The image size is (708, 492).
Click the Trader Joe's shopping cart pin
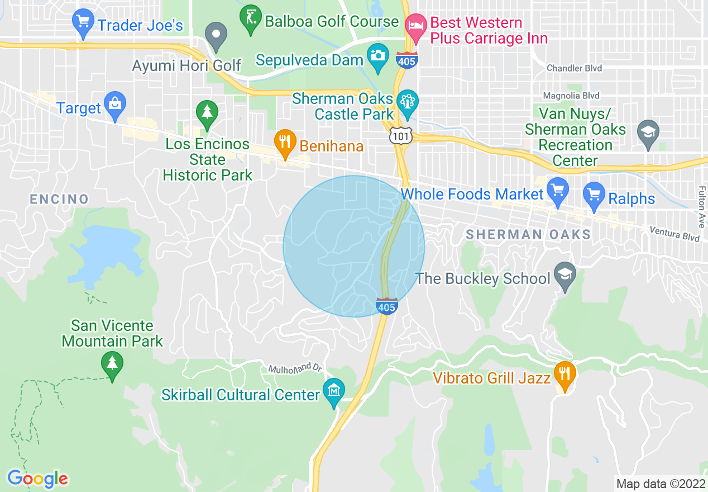coord(83,23)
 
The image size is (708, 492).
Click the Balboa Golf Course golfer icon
coord(249,17)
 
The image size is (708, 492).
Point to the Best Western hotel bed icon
coord(415,26)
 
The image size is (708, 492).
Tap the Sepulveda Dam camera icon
coord(378,56)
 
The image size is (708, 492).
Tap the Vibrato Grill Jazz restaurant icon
coord(565,374)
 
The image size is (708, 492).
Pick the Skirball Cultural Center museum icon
coord(334,390)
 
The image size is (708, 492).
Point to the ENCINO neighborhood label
coord(59,199)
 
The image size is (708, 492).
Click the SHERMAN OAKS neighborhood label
coord(528,234)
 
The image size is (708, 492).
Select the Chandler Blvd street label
coord(574,68)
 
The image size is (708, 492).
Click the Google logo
coord(37,479)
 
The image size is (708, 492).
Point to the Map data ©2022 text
coord(660,484)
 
